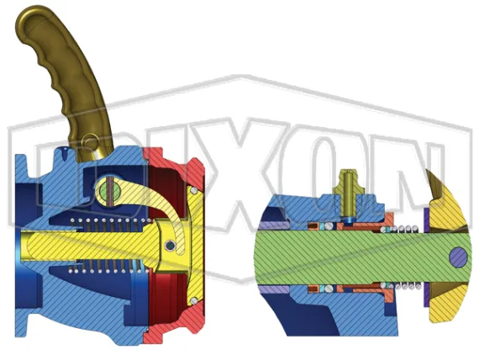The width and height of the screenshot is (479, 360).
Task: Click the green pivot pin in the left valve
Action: coord(104,190)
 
